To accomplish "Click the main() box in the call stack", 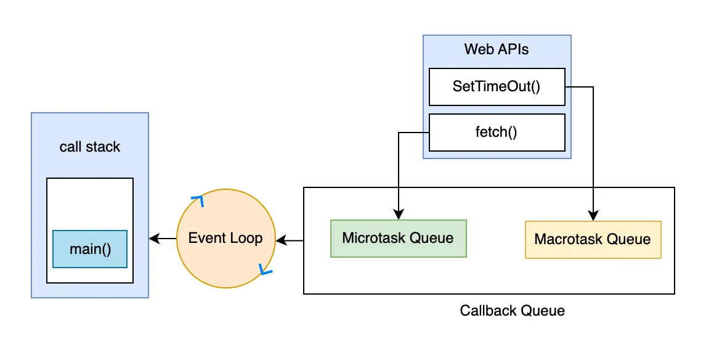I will point(90,249).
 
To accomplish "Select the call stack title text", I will point(90,147).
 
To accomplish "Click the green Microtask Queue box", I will point(398,238).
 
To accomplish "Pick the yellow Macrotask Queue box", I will point(593,239).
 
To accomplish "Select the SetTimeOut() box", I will point(497,86).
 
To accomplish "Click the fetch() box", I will point(497,132).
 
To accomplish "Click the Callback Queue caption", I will point(512,310).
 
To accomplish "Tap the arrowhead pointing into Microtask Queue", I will point(399,215).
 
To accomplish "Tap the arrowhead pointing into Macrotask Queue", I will point(593,216).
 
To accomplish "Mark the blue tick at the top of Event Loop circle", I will point(198,199).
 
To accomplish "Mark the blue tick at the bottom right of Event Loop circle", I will point(265,271).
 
